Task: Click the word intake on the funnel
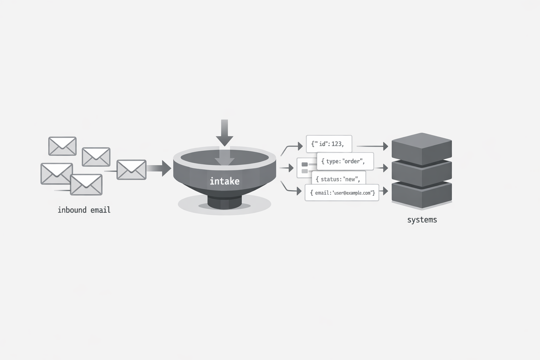(224, 181)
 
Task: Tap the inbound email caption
(84, 210)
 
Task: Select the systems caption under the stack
(422, 220)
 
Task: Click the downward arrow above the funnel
(224, 133)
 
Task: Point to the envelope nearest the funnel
(131, 170)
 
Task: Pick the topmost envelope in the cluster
(62, 146)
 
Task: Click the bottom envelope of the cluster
(86, 185)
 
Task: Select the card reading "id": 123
(329, 144)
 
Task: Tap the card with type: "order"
(345, 161)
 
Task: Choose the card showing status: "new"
(338, 179)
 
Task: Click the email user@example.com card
(342, 193)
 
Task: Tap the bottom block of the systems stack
(422, 195)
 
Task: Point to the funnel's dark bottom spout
(224, 202)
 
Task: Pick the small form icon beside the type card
(304, 168)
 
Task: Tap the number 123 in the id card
(336, 144)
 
